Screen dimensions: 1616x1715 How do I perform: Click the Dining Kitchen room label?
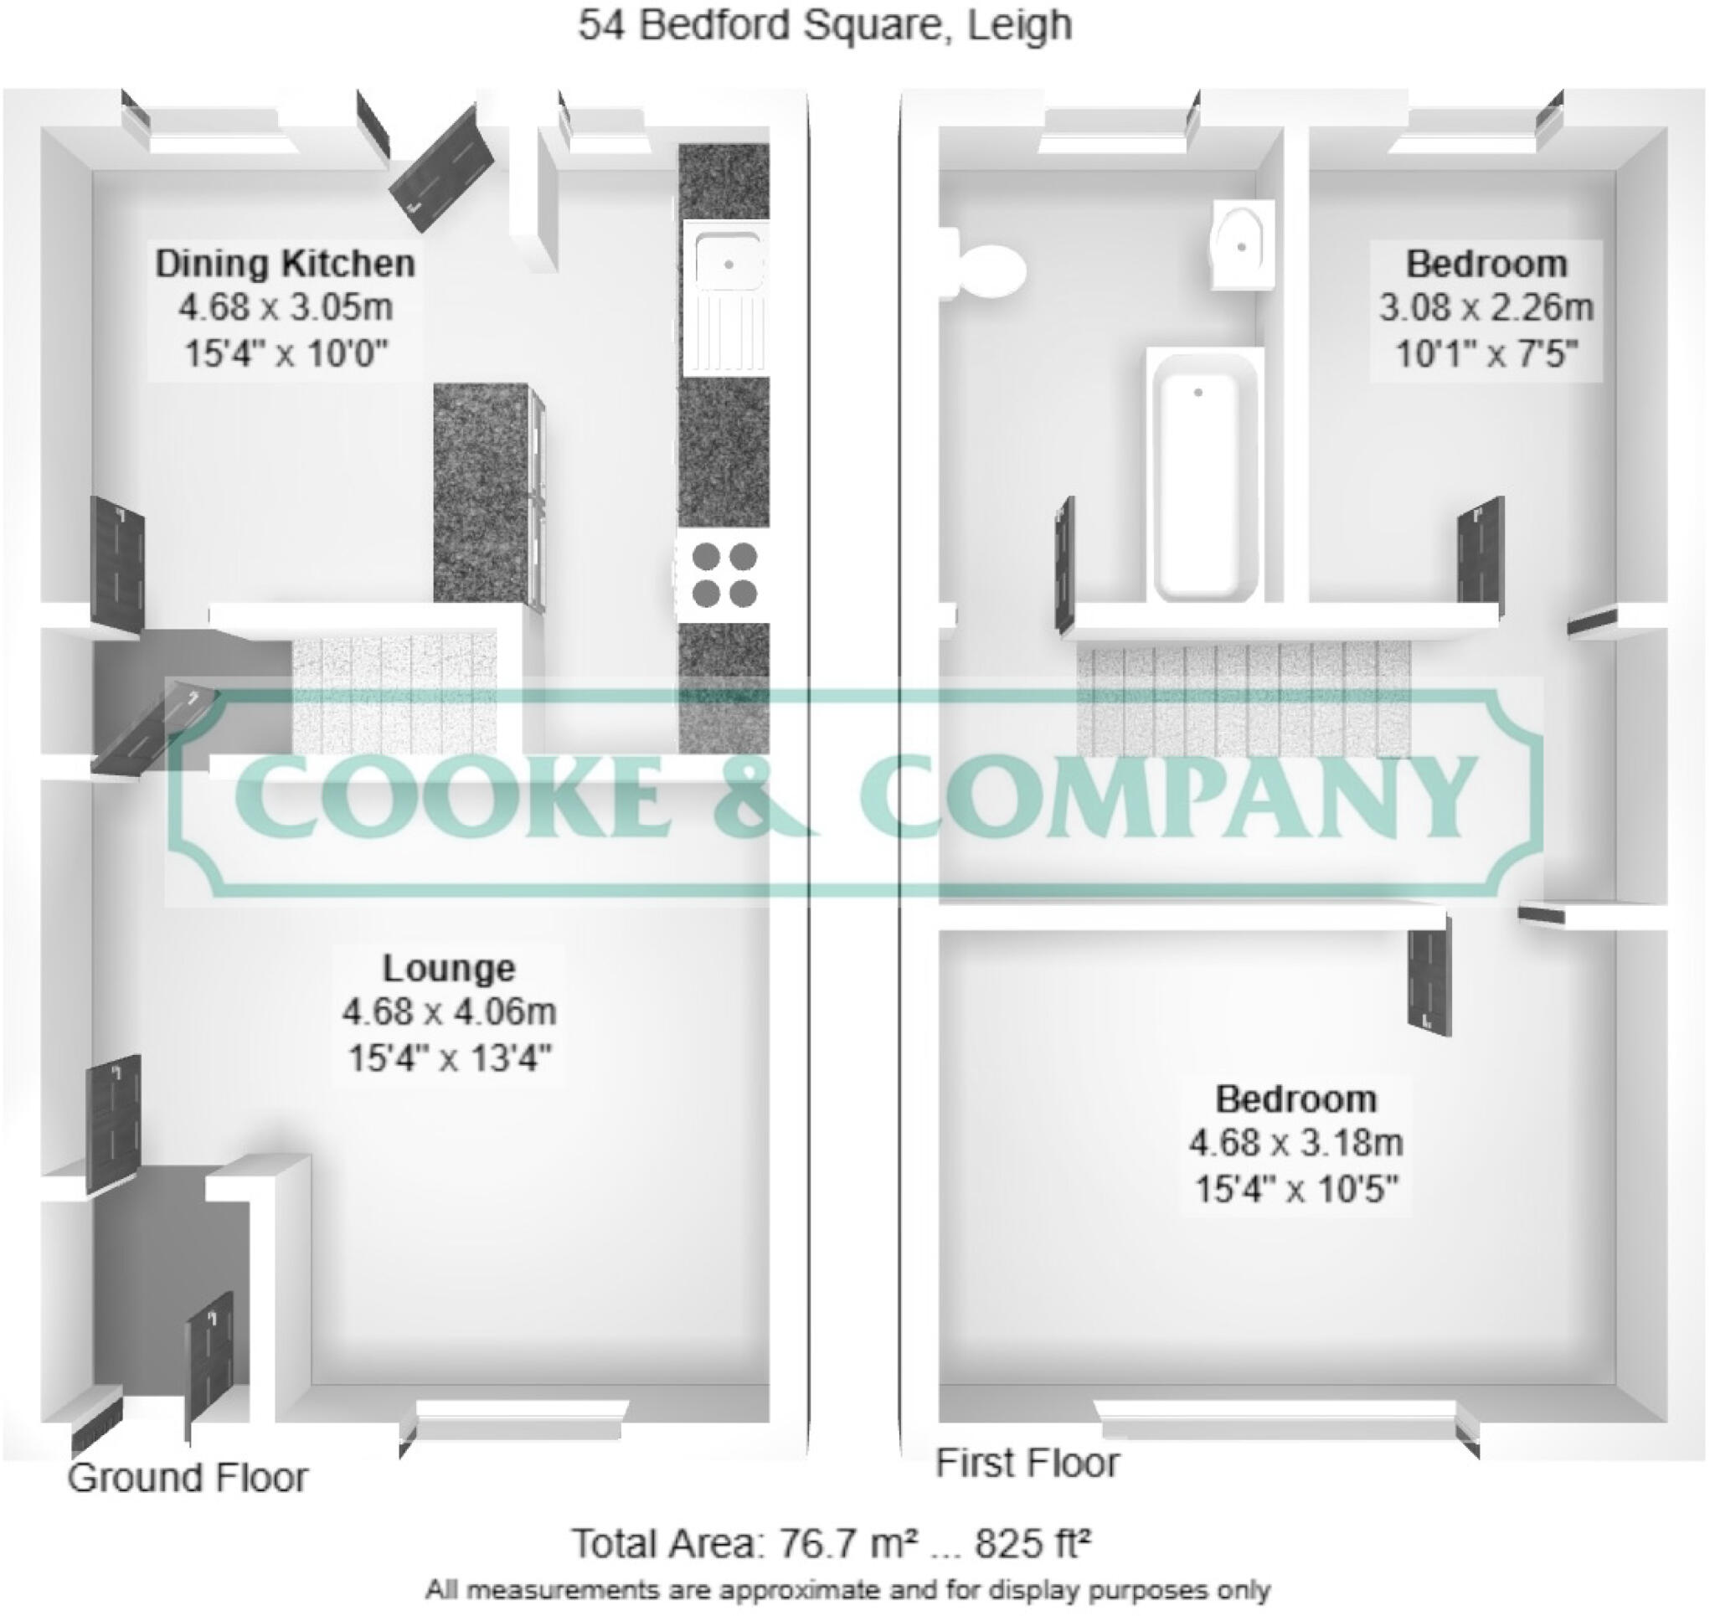tap(285, 263)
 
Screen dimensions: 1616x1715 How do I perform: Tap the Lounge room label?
tap(449, 968)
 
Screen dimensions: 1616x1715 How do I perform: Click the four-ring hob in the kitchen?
tap(724, 574)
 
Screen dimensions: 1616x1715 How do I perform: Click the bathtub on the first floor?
tap(1204, 475)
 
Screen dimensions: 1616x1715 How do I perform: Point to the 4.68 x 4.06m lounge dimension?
tap(449, 1011)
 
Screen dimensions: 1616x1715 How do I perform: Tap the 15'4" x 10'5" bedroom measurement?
tap(1295, 1189)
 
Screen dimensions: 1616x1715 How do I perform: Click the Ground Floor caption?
tap(188, 1477)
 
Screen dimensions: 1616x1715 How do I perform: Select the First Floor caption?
tap(1027, 1463)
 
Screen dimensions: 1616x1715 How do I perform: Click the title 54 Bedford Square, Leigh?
tap(824, 26)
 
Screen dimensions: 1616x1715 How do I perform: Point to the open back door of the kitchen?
tap(441, 168)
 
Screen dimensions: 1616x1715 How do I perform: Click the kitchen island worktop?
tap(481, 491)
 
